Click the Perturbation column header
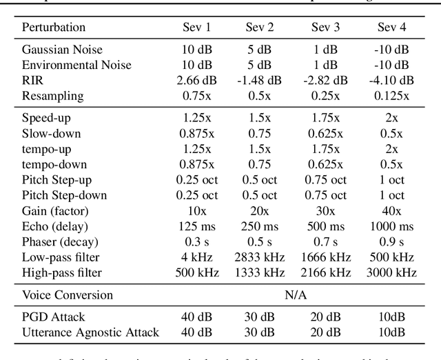pyautogui.click(x=54, y=28)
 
